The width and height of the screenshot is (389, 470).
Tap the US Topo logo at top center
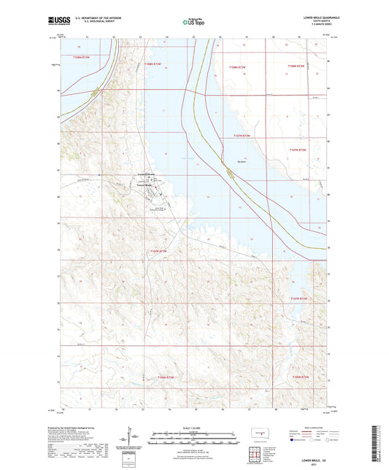pos(193,23)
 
